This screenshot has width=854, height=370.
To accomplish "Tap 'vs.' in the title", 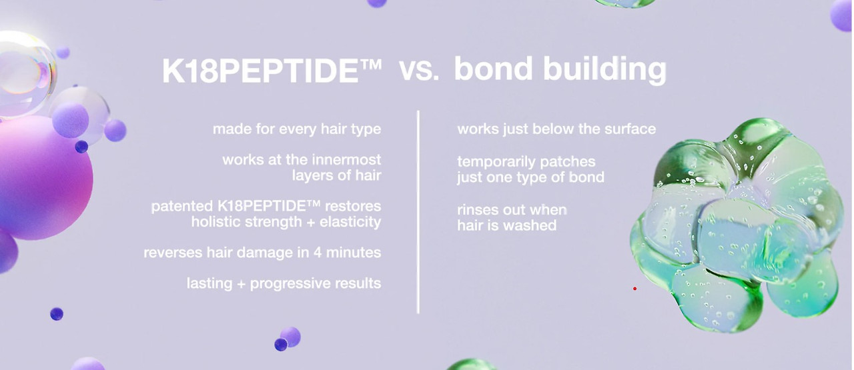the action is pyautogui.click(x=419, y=70).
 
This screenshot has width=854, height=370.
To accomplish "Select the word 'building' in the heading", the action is pyautogui.click(x=604, y=70).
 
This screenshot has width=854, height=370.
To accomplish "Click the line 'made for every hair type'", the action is pyautogui.click(x=297, y=129).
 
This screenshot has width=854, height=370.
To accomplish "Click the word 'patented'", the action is pyautogui.click(x=182, y=206).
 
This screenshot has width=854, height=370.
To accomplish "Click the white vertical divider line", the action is pyautogui.click(x=418, y=212).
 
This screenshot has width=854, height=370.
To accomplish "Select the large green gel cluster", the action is pyautogui.click(x=736, y=225).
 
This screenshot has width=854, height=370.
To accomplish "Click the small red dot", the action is pyautogui.click(x=634, y=289).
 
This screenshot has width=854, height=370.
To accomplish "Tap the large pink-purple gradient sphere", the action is pyautogui.click(x=44, y=178).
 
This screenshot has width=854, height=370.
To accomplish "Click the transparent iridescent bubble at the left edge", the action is pyautogui.click(x=27, y=74).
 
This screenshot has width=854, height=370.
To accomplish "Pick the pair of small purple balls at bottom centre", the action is pyautogui.click(x=288, y=339).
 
